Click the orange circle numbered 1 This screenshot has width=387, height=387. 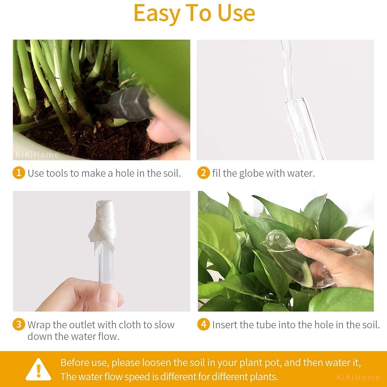coord(19,173)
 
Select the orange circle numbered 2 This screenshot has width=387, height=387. coord(203,173)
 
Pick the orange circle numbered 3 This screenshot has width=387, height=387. coord(19,324)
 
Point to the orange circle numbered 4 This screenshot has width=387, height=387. coord(203,324)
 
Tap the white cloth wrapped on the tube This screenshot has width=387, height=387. coord(103,225)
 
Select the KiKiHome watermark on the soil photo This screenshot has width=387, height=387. coord(37,155)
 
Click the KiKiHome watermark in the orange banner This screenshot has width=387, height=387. coord(358,377)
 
